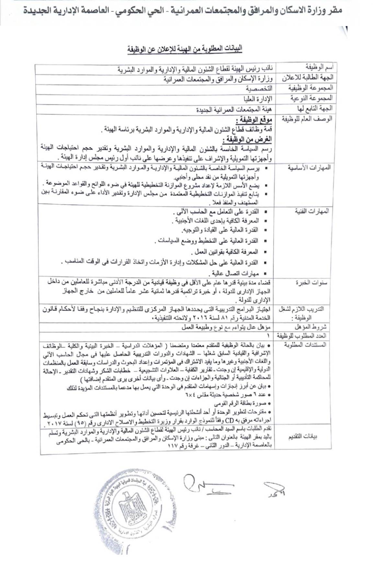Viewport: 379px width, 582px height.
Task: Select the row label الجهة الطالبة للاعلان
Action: (307, 78)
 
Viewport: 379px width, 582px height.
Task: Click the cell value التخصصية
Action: (259, 88)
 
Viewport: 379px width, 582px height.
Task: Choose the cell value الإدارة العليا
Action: (258, 98)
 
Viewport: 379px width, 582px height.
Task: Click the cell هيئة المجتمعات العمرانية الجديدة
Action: (234, 109)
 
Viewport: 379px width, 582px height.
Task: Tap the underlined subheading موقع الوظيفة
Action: (254, 120)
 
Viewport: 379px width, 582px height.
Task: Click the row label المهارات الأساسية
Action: (309, 168)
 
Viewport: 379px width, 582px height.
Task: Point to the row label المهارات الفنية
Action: (312, 211)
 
